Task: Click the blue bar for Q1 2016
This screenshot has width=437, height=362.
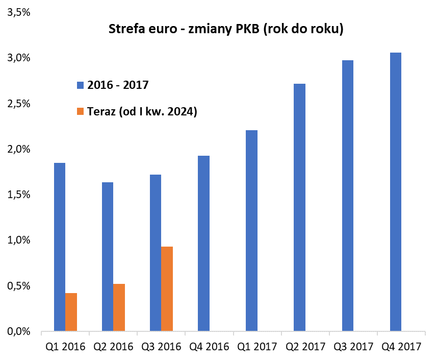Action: [60, 247]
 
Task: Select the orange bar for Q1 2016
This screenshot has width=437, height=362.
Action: [71, 312]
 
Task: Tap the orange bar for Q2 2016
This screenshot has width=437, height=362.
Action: [119, 307]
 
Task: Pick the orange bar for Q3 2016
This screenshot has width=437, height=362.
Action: [167, 289]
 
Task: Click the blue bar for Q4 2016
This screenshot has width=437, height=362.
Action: [203, 244]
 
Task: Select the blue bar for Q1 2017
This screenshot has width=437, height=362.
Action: [251, 231]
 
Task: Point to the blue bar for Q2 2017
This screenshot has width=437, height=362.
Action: [299, 207]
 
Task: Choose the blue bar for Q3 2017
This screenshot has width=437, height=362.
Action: [348, 196]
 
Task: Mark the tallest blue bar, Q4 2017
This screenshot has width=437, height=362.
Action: [396, 192]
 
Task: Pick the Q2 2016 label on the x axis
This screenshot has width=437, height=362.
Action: [113, 347]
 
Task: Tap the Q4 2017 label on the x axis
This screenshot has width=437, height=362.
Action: [402, 347]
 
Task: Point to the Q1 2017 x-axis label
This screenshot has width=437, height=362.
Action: [258, 347]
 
